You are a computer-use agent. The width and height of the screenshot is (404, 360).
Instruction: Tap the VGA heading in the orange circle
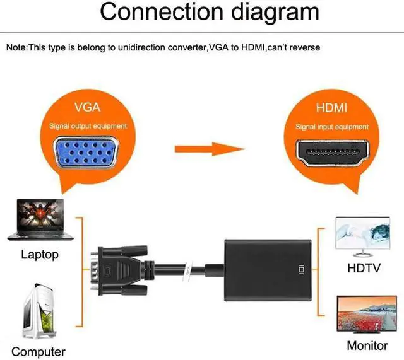(x=88, y=107)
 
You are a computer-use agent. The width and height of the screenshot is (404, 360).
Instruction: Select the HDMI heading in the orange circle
(x=331, y=108)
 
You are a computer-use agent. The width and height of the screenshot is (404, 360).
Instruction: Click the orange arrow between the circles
(x=210, y=149)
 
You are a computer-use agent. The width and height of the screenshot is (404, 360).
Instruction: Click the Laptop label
(x=39, y=255)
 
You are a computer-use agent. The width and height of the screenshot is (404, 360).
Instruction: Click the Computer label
(x=38, y=351)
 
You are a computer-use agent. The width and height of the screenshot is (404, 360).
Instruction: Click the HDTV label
(x=364, y=268)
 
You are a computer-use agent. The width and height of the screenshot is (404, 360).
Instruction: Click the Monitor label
(x=367, y=345)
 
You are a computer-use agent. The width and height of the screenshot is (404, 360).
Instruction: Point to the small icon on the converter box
(x=300, y=270)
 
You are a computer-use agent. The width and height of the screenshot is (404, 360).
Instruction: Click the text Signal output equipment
(x=88, y=126)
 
